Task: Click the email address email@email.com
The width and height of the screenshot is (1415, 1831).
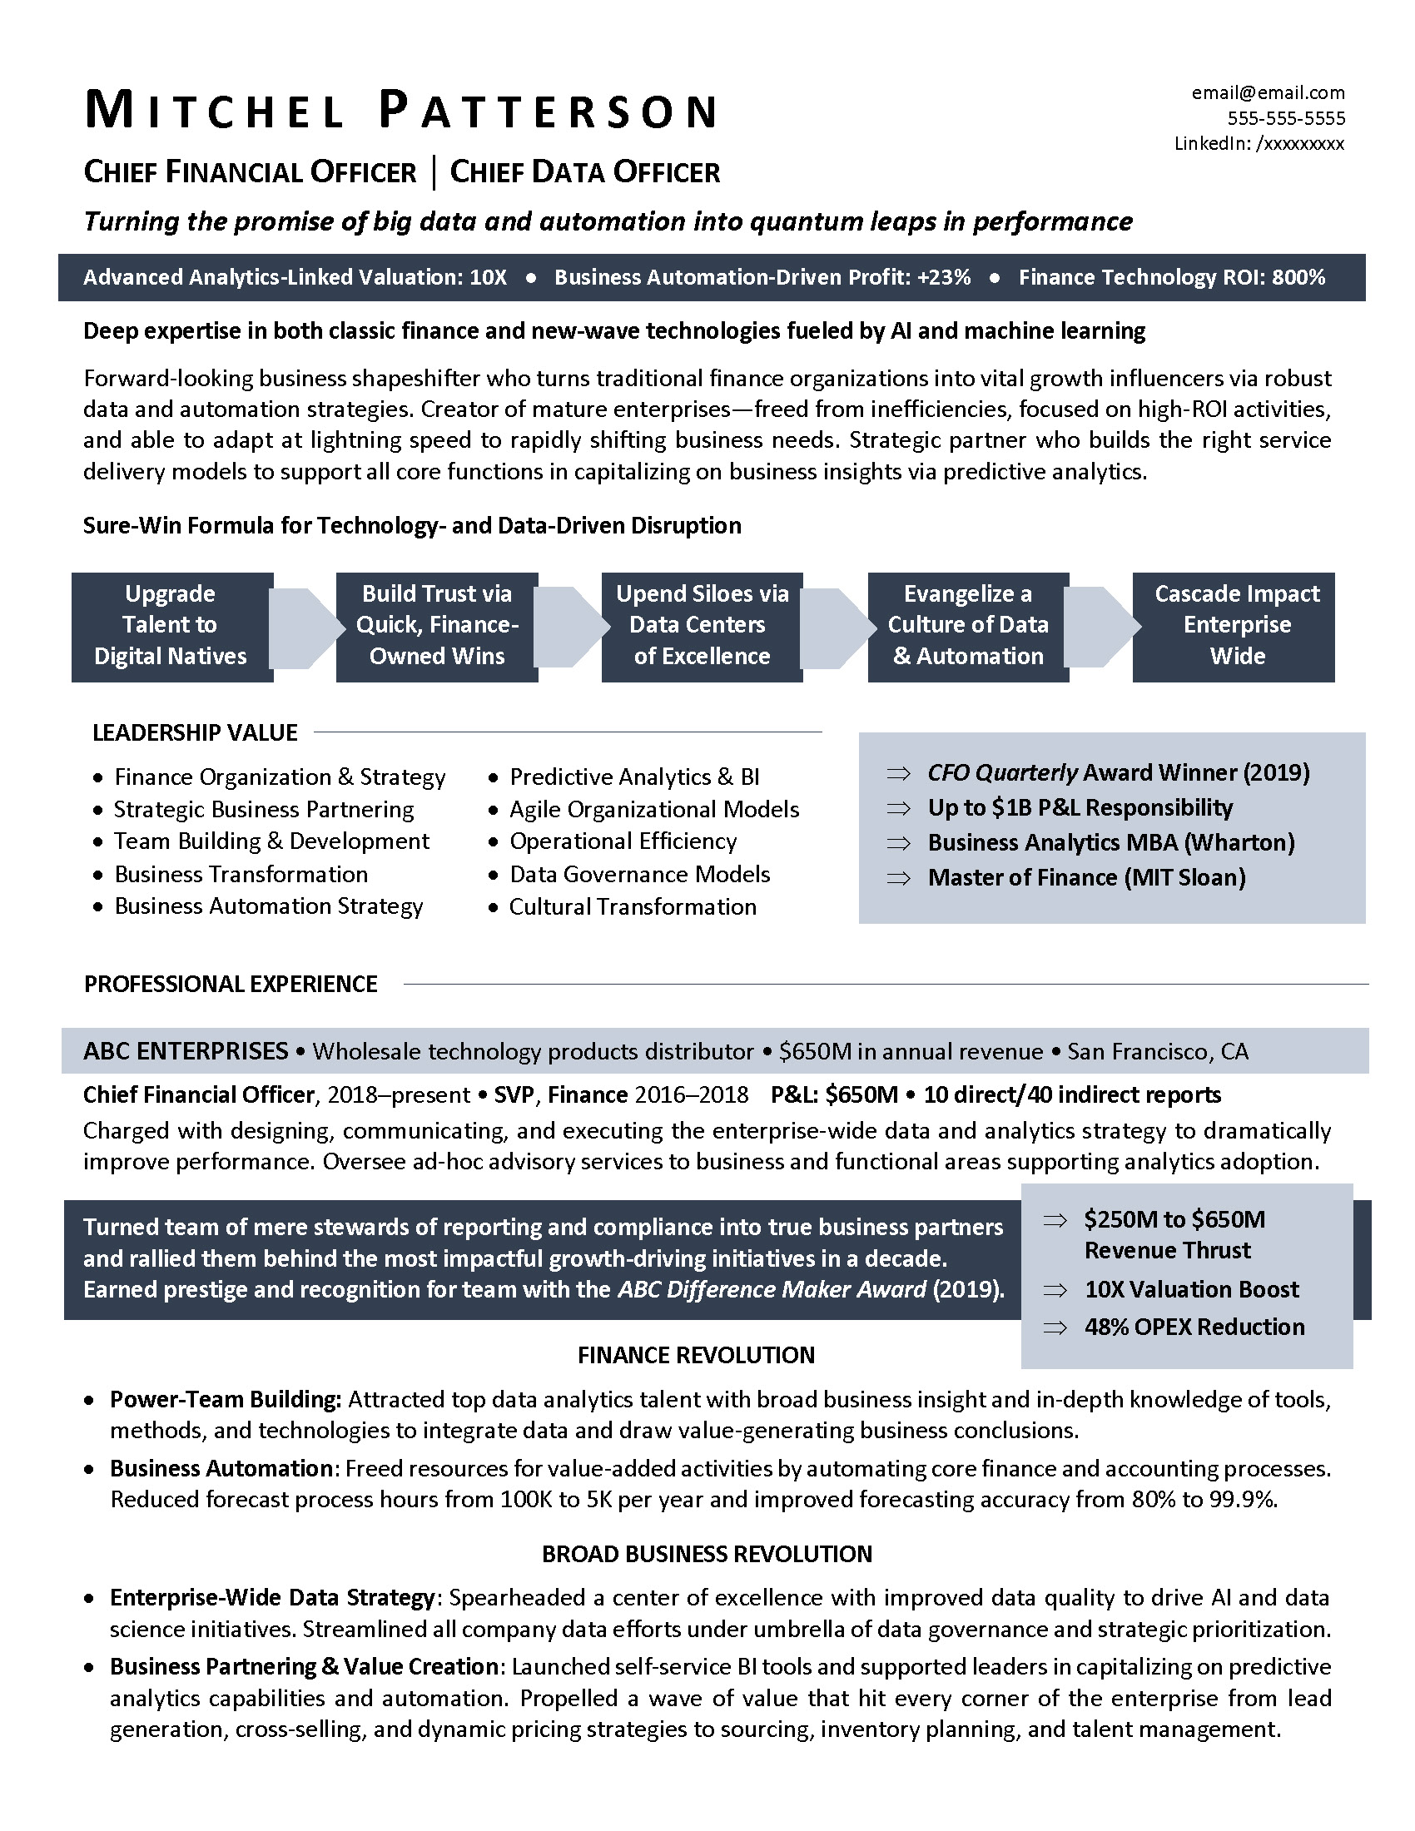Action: [x=1268, y=93]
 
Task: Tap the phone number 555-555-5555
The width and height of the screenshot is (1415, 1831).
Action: [x=1286, y=118]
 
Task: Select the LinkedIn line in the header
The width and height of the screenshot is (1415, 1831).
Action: [x=1259, y=143]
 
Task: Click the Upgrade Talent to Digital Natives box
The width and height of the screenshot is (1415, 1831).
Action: [x=171, y=625]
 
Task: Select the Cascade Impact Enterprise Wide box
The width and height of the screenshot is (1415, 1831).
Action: [x=1235, y=625]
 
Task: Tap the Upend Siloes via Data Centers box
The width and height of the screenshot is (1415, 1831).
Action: [x=702, y=625]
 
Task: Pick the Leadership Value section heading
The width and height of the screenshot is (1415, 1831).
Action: [x=195, y=732]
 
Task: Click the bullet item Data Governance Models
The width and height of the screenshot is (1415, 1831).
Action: [x=638, y=874]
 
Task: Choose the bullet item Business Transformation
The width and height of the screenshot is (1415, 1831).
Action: [x=241, y=874]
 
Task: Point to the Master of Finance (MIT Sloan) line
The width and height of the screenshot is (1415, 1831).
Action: [x=1085, y=877]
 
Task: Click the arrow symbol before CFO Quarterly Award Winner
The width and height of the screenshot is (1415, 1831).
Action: [x=899, y=773]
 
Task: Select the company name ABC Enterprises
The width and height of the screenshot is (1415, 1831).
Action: [x=186, y=1050]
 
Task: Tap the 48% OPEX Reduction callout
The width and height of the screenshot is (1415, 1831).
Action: [x=1194, y=1327]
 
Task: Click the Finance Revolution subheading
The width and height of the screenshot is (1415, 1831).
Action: [x=696, y=1355]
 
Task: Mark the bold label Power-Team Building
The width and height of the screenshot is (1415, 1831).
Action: [x=225, y=1399]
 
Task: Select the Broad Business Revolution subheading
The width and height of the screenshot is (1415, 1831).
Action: [x=707, y=1554]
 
